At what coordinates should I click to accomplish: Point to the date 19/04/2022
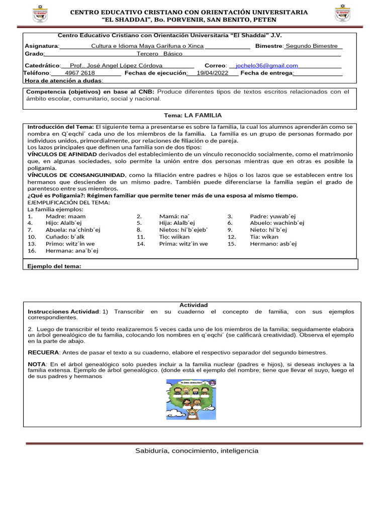point(212,73)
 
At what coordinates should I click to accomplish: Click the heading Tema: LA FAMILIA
point(192,115)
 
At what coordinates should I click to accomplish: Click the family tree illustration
point(191,399)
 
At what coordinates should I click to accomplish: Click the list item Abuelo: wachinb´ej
point(276,223)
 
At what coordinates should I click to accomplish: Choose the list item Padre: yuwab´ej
point(273,216)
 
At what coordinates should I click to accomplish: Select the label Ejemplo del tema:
point(54,266)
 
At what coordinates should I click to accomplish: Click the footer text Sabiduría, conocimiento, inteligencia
point(197,451)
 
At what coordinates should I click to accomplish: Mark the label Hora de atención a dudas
point(64,80)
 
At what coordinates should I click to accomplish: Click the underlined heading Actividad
point(194,305)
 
